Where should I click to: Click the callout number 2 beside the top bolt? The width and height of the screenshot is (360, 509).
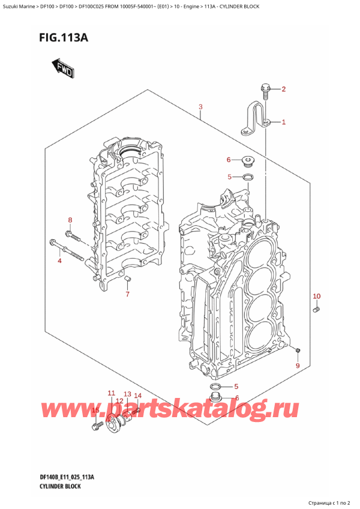(284, 90)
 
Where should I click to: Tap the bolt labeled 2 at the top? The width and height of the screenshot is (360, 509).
(264, 90)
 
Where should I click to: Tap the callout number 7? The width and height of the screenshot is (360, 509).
(127, 294)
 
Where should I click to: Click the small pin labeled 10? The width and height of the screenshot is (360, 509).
(316, 309)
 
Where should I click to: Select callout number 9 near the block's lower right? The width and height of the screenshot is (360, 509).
(296, 366)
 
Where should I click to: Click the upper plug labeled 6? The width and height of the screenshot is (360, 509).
(247, 161)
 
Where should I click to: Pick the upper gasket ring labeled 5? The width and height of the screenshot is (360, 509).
(247, 177)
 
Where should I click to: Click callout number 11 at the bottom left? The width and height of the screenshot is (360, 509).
(111, 393)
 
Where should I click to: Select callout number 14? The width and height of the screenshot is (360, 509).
(137, 396)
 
